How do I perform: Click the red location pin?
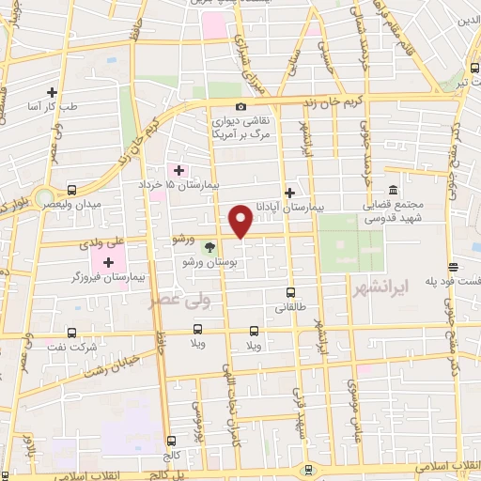pos(241,221)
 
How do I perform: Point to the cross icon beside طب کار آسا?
pos(53,92)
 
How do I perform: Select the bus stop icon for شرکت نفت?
pos(73,333)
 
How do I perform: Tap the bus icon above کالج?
pos(171,441)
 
